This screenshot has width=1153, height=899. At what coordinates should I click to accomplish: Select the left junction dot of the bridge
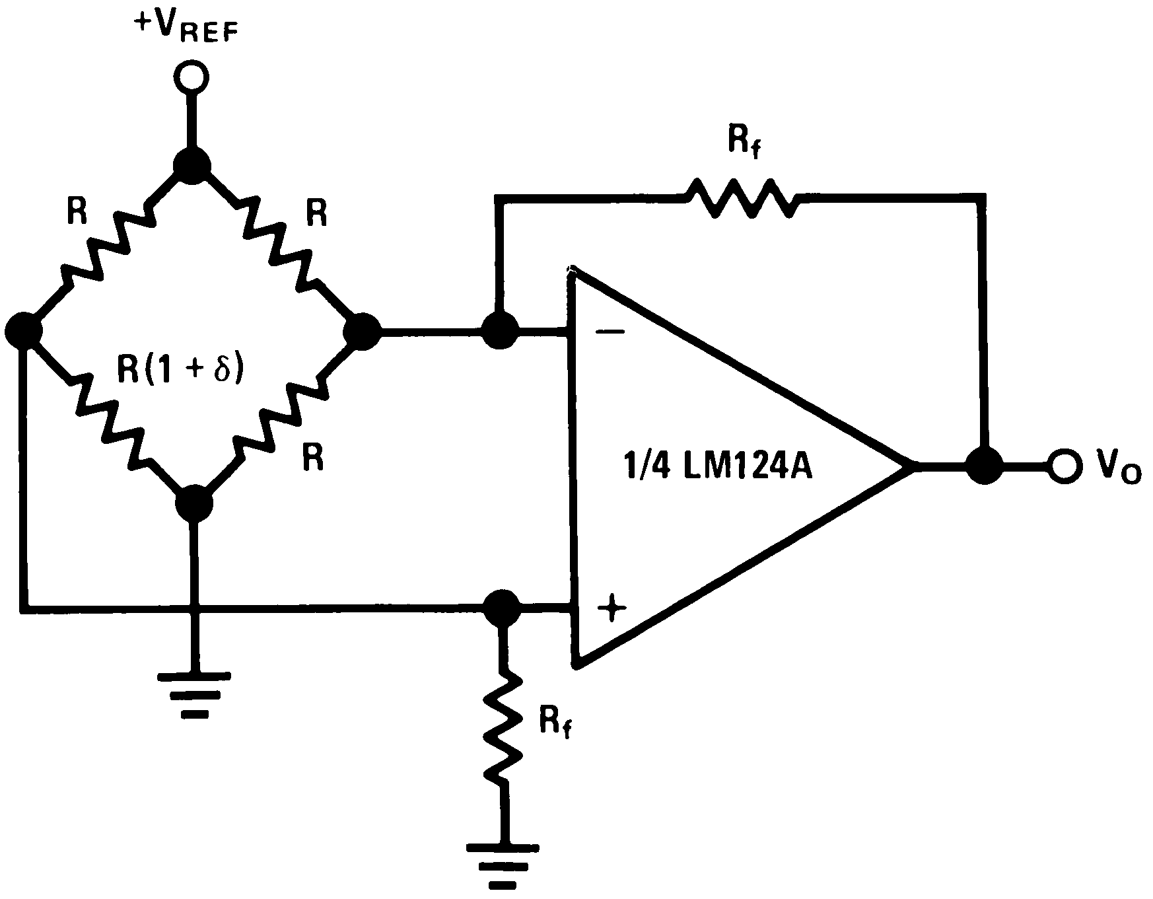point(23,330)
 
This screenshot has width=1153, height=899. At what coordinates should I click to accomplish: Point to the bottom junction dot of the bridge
point(194,504)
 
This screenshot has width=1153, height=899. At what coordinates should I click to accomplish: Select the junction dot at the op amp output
point(985,467)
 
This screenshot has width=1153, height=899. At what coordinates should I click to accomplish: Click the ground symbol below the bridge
point(194,694)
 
